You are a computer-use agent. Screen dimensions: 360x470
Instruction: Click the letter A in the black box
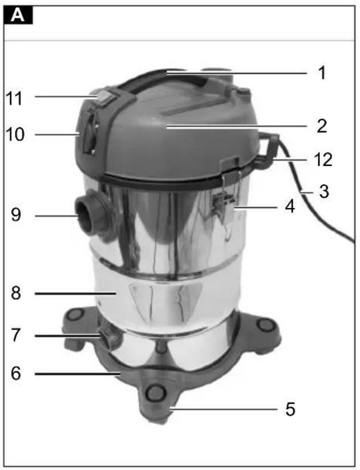[x=17, y=15]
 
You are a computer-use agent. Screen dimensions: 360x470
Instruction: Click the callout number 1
[x=322, y=73]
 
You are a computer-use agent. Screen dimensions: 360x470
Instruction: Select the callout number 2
[x=322, y=126]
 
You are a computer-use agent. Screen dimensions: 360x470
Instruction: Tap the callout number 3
[x=323, y=191]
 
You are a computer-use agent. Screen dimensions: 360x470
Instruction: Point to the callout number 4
[x=290, y=207]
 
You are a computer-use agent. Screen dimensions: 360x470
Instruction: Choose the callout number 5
[x=290, y=409]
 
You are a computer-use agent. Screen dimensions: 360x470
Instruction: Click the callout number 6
[x=16, y=373]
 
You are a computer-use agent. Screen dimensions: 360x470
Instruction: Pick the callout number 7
[x=16, y=335]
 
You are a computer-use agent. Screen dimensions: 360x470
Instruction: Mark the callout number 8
[x=16, y=293]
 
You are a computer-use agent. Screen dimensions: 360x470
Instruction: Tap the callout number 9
[x=16, y=215]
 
